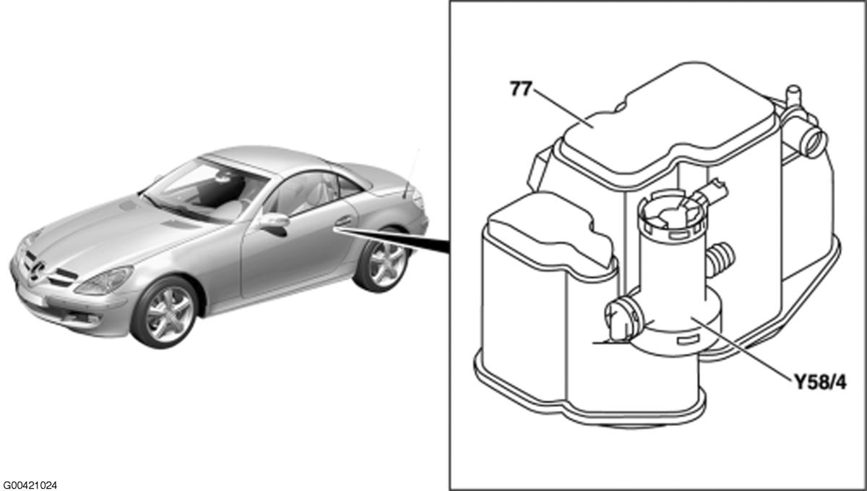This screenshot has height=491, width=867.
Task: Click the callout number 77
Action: [521, 89]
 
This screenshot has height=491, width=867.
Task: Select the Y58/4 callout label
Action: [820, 382]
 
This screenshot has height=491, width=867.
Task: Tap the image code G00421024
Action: [30, 485]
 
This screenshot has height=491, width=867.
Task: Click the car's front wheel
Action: [165, 312]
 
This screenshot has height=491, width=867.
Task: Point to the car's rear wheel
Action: [382, 262]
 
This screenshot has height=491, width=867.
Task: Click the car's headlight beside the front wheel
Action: [104, 281]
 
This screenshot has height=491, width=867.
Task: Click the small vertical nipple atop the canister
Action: [793, 95]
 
